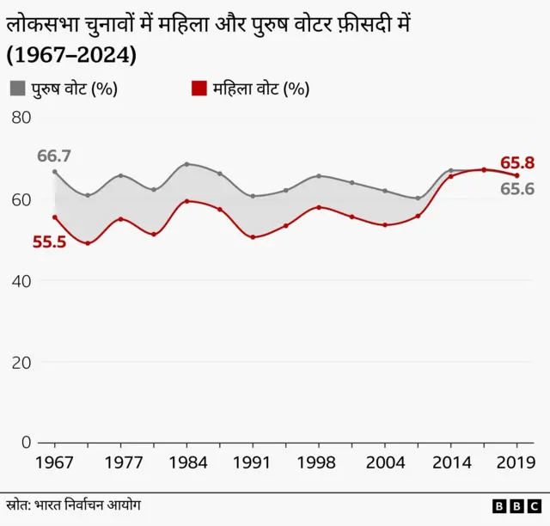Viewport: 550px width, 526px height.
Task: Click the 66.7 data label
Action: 53,156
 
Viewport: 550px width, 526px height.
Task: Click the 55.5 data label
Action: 49,242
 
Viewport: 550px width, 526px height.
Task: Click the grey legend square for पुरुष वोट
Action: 18,89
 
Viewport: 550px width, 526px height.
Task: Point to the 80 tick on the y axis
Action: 21,118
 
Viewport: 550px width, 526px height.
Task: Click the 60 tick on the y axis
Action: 21,199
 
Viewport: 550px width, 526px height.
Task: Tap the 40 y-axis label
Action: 21,281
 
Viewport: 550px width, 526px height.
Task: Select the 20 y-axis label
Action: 21,362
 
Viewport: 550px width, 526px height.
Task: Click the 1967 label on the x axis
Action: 55,462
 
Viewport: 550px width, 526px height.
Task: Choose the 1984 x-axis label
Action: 186,462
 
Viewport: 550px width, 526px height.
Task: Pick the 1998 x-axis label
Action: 319,462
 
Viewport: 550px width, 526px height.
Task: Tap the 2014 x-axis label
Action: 450,462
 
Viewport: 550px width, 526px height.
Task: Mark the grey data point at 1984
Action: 186,164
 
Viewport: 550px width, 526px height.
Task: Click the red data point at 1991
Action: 253,236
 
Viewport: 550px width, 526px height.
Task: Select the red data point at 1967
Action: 55,217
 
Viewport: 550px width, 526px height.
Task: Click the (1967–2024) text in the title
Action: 71,55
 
